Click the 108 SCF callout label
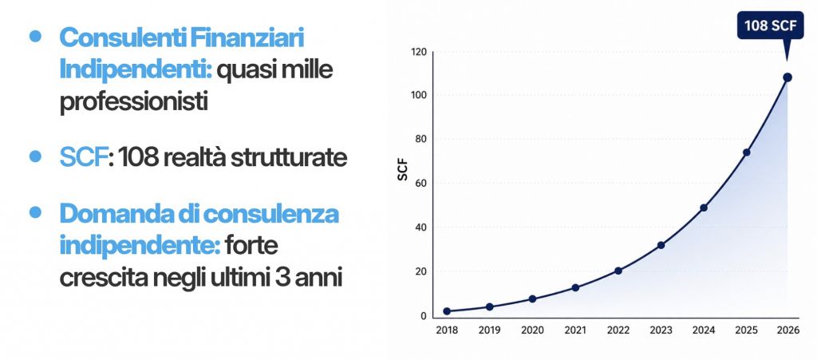pyautogui.click(x=771, y=25)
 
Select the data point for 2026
pyautogui.click(x=787, y=77)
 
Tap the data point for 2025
pyautogui.click(x=746, y=152)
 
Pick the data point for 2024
pyautogui.click(x=704, y=208)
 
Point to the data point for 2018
pyautogui.click(x=447, y=311)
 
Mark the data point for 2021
pyautogui.click(x=575, y=287)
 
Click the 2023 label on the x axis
pyautogui.click(x=661, y=330)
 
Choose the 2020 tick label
pyautogui.click(x=532, y=330)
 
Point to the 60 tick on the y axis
pyautogui.click(x=421, y=184)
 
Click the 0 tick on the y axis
pyautogui.click(x=424, y=316)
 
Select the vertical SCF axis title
pyautogui.click(x=402, y=172)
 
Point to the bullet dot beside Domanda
pyautogui.click(x=35, y=212)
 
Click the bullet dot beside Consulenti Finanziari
pyautogui.click(x=35, y=35)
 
